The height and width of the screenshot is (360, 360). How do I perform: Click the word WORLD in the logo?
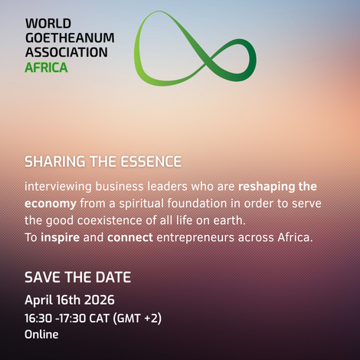(x=48, y=24)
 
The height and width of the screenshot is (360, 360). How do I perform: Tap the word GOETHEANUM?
(x=70, y=38)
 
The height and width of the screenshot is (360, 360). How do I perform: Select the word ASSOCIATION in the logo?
(x=67, y=52)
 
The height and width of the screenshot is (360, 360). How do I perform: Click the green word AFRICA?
(x=46, y=67)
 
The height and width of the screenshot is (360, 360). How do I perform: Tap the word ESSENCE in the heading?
(x=151, y=162)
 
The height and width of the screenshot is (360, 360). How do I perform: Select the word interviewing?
(x=58, y=187)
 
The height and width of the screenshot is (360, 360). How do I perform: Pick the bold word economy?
(x=51, y=204)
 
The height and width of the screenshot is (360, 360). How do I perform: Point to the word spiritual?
(x=141, y=204)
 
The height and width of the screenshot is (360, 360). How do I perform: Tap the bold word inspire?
(x=61, y=238)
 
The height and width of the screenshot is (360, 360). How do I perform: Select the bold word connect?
(x=130, y=237)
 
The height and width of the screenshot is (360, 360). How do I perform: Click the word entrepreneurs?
(x=195, y=238)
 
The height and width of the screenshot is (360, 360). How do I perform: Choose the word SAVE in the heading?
(x=43, y=277)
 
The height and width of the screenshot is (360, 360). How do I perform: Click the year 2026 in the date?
(x=100, y=299)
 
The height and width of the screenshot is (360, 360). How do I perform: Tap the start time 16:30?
(x=38, y=319)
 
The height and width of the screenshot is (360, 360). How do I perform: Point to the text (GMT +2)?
(x=137, y=319)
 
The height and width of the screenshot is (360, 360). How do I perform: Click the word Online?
(x=41, y=335)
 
